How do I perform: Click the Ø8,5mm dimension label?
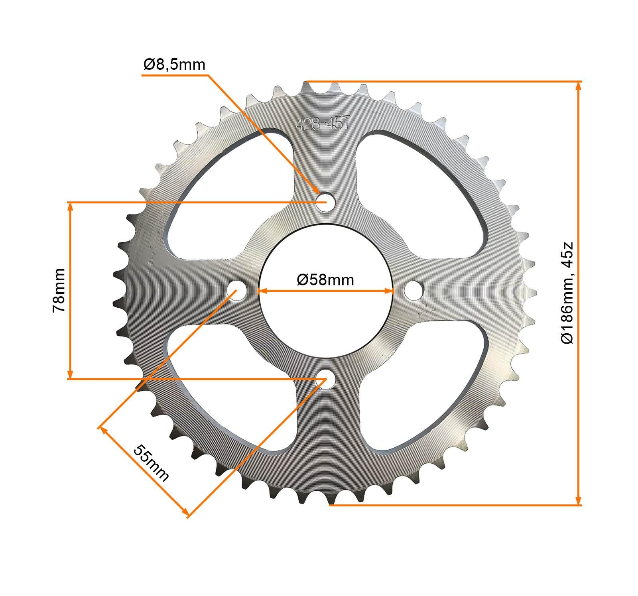click(x=174, y=64)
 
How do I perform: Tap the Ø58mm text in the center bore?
click(x=325, y=280)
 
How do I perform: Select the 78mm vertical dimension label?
click(x=59, y=290)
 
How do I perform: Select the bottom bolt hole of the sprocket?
click(x=325, y=379)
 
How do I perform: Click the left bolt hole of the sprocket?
click(x=236, y=289)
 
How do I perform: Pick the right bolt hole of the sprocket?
click(x=414, y=289)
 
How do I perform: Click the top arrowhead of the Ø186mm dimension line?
click(x=579, y=85)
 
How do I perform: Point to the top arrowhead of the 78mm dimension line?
click(x=70, y=206)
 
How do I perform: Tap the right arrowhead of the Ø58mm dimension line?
click(x=390, y=291)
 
